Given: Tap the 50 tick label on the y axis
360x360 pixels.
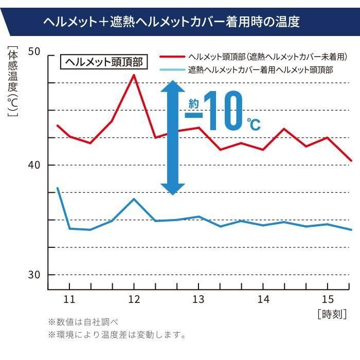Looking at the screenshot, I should (x=34, y=52).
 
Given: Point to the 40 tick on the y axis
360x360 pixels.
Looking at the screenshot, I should (x=34, y=165).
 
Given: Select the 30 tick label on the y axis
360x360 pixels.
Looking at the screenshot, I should (x=34, y=275).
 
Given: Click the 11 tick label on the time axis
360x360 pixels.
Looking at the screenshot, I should (x=69, y=299).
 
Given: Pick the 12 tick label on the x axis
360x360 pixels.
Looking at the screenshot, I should (x=134, y=299).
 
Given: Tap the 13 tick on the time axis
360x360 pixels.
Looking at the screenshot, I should (x=199, y=299).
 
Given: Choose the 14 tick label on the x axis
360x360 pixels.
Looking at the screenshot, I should (x=263, y=299).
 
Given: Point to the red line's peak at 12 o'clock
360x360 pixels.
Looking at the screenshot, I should (x=134, y=75).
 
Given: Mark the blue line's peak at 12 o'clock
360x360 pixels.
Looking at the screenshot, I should (x=134, y=199).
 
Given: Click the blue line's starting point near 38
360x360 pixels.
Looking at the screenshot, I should (x=57, y=188).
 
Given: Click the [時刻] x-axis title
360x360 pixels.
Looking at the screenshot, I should (x=332, y=313).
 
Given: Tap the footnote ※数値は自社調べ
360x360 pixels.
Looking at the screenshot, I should (x=83, y=322).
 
